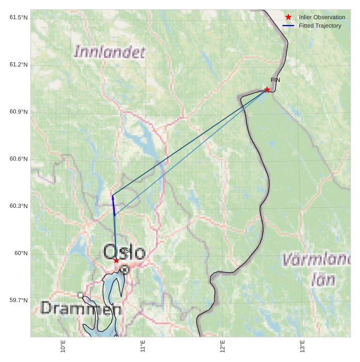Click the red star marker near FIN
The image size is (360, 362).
[x=267, y=89]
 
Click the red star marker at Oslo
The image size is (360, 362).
[x=116, y=260]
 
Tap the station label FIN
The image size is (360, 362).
[x=275, y=80]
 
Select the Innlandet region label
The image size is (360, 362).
[x=109, y=52]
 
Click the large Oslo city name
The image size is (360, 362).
[x=124, y=252]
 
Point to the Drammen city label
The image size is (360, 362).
[x=81, y=308]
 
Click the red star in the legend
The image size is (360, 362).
[x=288, y=17]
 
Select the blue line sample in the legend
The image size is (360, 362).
[x=288, y=26]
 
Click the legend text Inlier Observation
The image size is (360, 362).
[x=322, y=17]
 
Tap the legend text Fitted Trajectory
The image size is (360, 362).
[x=320, y=26]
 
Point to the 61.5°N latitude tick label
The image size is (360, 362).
[x=19, y=18]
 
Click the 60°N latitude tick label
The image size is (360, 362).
[x=21, y=253]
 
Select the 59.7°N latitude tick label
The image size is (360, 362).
[x=19, y=300]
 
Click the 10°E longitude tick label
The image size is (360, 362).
[x=63, y=346]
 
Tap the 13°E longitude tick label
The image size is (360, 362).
[x=302, y=346]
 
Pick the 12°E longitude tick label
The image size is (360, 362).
[x=222, y=346]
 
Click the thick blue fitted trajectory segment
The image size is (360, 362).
[x=114, y=206]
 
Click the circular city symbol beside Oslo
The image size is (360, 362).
[x=124, y=270]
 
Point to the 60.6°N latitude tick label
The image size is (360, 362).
[x=19, y=159]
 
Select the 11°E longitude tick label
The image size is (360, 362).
[x=143, y=346]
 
